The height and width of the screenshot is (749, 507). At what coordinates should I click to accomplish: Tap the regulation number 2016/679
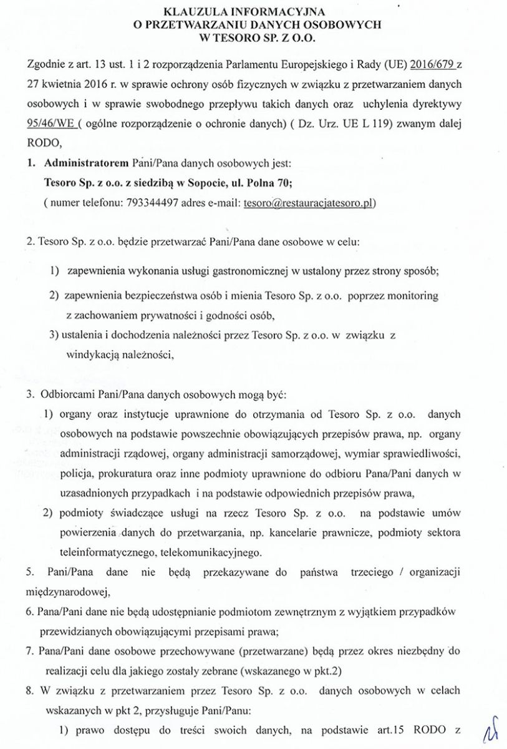435,64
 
